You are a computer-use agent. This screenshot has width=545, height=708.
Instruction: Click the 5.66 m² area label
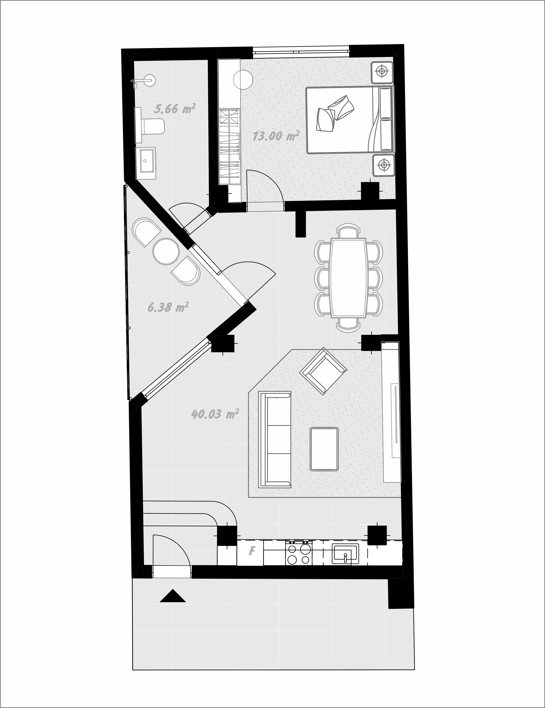pos(175,109)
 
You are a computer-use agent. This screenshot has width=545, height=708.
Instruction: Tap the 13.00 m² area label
pos(275,136)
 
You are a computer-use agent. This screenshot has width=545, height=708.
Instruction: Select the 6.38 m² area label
pos(168,307)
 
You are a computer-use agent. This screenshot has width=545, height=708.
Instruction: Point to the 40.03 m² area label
pos(215,414)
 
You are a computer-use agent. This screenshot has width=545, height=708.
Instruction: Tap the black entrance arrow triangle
pos(173,596)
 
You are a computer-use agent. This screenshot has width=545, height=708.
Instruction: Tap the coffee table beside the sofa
pos(324,449)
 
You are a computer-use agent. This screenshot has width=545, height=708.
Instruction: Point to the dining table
pos(348,277)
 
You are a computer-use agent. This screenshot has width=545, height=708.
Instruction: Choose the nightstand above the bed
pos(382,72)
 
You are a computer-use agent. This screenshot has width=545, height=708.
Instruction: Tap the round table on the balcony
pos(166,251)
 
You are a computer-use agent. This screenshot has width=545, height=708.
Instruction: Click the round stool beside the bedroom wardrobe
pos(243,79)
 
